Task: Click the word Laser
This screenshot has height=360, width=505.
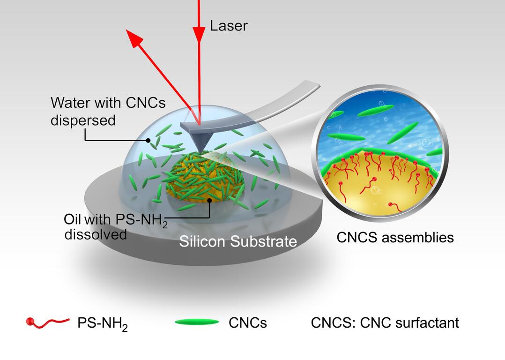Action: click(x=228, y=25)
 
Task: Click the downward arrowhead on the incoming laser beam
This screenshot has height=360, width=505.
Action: click(x=199, y=34)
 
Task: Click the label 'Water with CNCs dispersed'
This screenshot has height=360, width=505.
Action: click(x=108, y=111)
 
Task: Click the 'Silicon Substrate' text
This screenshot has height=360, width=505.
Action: click(x=238, y=241)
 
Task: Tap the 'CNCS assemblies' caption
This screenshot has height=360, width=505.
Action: click(x=395, y=237)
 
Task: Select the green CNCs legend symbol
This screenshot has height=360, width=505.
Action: click(x=197, y=322)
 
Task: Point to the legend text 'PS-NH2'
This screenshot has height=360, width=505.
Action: click(x=102, y=323)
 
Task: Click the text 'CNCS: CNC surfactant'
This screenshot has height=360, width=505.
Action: click(x=385, y=322)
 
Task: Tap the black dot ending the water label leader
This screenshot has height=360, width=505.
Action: click(x=148, y=140)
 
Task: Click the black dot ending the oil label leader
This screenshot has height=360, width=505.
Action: click(x=210, y=200)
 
